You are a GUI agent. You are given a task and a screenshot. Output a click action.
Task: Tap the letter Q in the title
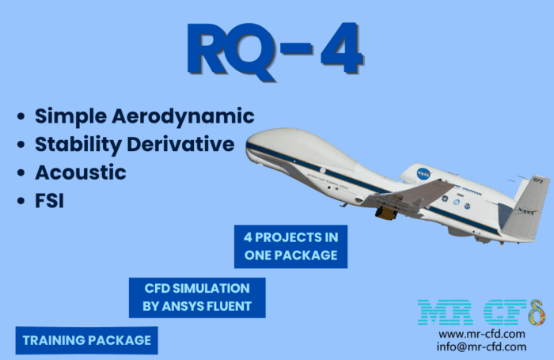(x=253, y=51)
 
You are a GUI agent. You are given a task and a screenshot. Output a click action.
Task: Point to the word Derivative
(x=180, y=144)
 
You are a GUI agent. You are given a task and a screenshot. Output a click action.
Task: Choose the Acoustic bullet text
(x=81, y=172)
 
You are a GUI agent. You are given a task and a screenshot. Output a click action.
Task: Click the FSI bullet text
(x=49, y=201)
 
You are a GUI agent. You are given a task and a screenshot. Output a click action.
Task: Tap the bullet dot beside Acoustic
(x=21, y=172)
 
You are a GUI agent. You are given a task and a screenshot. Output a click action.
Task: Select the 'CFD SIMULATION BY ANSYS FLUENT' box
(x=197, y=297)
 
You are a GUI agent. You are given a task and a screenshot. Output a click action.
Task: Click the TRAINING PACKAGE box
(x=86, y=340)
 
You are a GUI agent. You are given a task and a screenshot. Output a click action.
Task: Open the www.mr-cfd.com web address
(x=481, y=334)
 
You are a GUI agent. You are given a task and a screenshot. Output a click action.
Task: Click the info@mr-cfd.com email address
(x=481, y=347)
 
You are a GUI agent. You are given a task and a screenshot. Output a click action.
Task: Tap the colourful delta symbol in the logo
(x=537, y=313)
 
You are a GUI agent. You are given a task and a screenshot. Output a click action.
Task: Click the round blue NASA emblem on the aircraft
(x=423, y=173)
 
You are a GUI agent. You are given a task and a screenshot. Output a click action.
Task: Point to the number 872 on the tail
(x=537, y=181)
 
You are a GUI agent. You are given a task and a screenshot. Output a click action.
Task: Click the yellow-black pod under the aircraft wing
(x=385, y=213)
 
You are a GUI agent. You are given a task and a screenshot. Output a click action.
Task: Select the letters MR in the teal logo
(x=445, y=313)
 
